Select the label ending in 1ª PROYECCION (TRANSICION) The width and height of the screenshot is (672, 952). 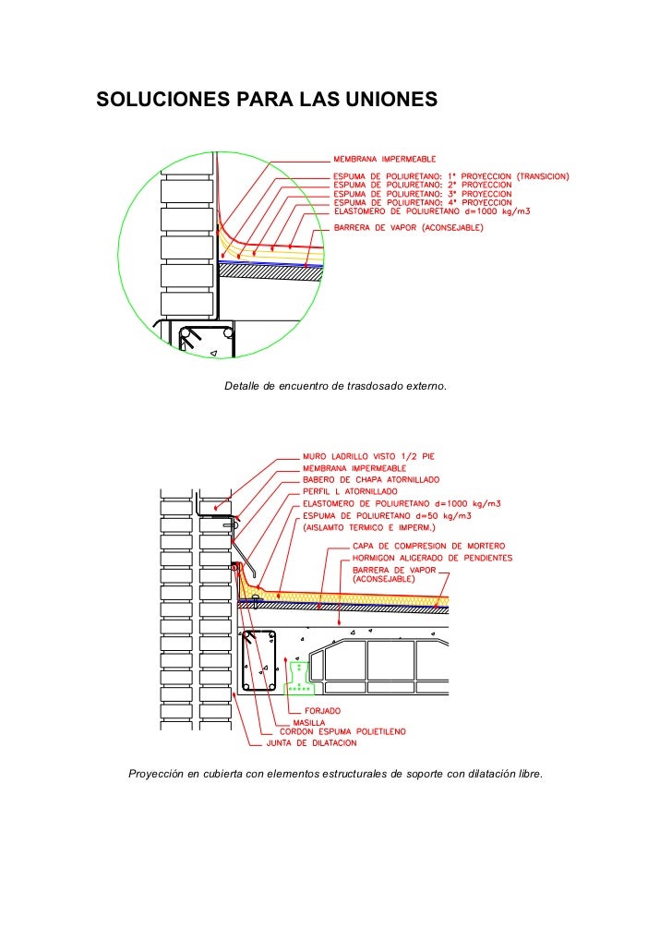(450, 176)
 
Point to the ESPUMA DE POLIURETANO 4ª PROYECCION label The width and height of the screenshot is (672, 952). (422, 202)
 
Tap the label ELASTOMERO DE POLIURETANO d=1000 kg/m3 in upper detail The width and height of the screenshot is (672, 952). (431, 211)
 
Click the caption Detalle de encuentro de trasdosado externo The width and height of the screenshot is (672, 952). (336, 383)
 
